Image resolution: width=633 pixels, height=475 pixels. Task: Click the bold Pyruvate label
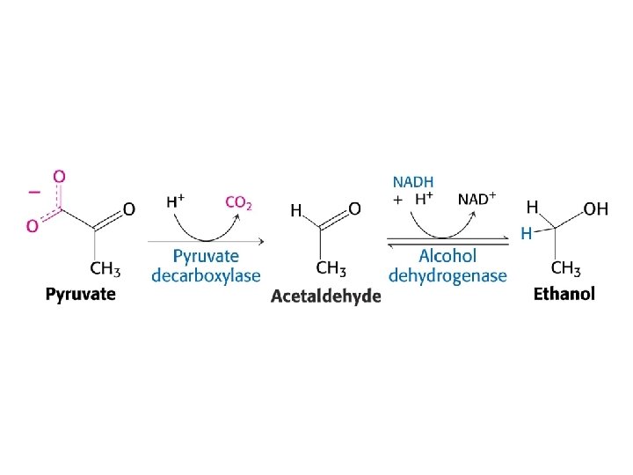click(80, 294)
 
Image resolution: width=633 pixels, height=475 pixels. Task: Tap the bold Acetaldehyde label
click(325, 296)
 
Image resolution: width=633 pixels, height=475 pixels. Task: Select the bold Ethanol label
click(564, 294)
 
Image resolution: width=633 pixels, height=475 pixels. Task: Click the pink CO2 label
click(239, 202)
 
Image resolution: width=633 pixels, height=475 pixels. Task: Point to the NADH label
click(412, 182)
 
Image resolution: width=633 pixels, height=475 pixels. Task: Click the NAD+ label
click(477, 199)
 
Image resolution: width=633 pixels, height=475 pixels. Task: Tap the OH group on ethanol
click(595, 208)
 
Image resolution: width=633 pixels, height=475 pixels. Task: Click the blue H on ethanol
click(526, 234)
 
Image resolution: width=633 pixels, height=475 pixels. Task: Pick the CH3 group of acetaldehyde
click(331, 267)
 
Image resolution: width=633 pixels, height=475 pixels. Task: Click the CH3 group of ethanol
click(565, 267)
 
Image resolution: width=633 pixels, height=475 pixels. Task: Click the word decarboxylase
click(206, 275)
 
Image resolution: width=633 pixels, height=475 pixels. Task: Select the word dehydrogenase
click(447, 275)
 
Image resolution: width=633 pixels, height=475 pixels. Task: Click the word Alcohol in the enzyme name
click(447, 256)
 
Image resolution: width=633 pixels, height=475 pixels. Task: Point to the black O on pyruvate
click(128, 209)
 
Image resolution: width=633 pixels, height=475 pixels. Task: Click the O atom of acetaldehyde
click(354, 209)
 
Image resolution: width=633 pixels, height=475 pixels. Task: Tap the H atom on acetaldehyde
click(297, 210)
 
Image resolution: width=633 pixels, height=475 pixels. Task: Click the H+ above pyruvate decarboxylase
click(175, 201)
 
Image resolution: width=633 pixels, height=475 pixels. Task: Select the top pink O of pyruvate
click(59, 176)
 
